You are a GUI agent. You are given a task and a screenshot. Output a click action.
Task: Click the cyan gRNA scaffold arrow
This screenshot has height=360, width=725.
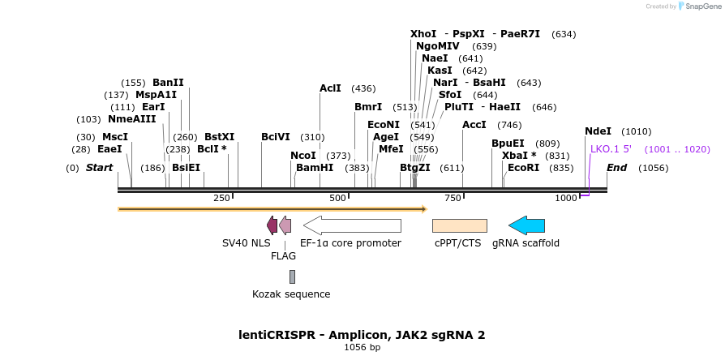(x=526, y=225)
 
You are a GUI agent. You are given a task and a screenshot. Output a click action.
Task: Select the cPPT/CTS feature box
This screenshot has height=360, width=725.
(x=459, y=225)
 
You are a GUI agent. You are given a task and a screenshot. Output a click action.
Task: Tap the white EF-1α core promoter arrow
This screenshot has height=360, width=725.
(x=352, y=225)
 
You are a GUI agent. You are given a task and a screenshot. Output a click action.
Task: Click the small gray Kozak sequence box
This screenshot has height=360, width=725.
(x=292, y=276)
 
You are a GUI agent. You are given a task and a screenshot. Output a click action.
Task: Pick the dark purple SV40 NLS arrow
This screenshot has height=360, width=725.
(x=272, y=225)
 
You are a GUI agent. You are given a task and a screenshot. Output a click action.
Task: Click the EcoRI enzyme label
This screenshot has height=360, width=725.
(x=523, y=168)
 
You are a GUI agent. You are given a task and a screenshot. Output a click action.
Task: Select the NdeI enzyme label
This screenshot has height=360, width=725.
(x=598, y=131)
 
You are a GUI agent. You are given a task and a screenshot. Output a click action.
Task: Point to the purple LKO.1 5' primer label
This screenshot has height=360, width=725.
(x=611, y=149)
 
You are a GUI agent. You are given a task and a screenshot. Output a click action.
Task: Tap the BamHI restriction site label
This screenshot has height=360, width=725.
(x=315, y=168)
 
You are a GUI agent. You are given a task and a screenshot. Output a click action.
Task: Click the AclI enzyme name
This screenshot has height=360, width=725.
(x=330, y=88)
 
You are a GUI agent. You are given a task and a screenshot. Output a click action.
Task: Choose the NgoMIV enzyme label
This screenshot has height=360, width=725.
(x=438, y=46)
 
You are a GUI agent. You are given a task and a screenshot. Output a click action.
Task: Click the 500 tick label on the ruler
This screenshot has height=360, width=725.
(x=337, y=198)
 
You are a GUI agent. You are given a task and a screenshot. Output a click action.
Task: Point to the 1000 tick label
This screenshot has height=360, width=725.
(x=565, y=198)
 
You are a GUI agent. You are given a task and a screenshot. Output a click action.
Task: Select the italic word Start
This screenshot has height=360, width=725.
(x=99, y=168)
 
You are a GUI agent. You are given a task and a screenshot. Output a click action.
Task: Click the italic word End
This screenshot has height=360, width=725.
(x=616, y=168)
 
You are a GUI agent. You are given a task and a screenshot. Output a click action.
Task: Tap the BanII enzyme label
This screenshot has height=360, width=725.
(x=168, y=83)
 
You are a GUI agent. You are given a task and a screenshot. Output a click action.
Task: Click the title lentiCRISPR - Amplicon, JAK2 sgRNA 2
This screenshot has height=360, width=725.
(x=362, y=334)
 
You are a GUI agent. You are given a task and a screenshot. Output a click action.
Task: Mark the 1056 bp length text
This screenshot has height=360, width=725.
(x=362, y=348)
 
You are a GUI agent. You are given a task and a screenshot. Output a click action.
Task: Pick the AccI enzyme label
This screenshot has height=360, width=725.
(x=474, y=125)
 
